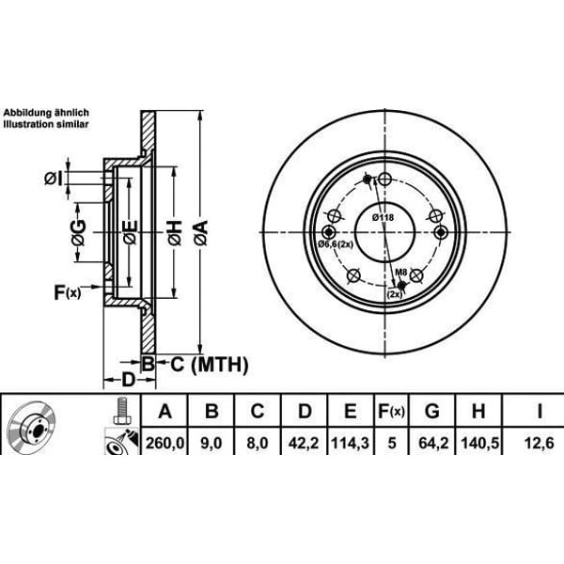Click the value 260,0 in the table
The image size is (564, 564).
(x=166, y=439)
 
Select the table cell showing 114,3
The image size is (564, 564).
(x=349, y=439)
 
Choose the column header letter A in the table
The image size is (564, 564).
(x=166, y=410)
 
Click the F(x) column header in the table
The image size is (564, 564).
(x=390, y=410)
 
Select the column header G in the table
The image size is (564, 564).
(x=432, y=410)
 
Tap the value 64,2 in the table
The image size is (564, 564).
(x=432, y=439)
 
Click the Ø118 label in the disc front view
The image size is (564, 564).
(x=383, y=219)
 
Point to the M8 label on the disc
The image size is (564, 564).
(x=401, y=273)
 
